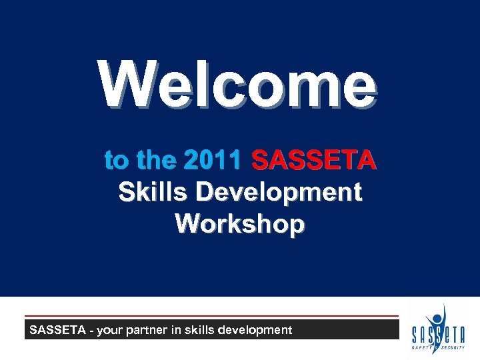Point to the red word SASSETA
point(313,161)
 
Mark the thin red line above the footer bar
point(211,315)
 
